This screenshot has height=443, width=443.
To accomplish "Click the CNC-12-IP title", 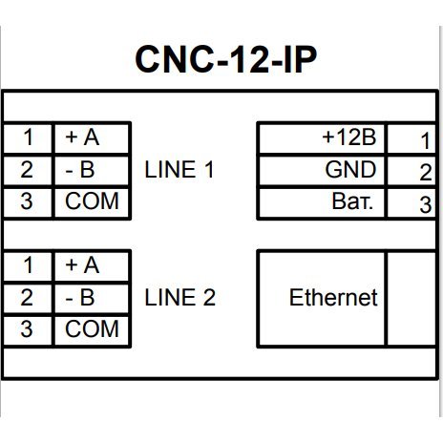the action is [x=226, y=59].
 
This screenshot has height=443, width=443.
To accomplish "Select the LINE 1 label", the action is [x=179, y=169].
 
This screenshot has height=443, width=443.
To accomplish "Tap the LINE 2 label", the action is [x=180, y=298].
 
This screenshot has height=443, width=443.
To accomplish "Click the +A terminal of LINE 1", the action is [x=82, y=137].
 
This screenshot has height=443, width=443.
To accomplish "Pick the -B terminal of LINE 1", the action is [x=80, y=169].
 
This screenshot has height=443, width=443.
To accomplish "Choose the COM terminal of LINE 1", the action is [x=92, y=201].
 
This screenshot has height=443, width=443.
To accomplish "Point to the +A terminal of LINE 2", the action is [x=82, y=265].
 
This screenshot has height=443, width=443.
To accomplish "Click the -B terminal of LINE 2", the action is [x=80, y=298].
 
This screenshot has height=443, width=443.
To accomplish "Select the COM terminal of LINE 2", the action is [x=92, y=329].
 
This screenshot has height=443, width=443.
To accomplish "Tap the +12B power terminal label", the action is [x=349, y=137].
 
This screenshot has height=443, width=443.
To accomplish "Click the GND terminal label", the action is [x=350, y=169].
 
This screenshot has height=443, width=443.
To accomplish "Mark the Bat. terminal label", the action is [x=352, y=201].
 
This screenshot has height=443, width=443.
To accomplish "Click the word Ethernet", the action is [x=333, y=298].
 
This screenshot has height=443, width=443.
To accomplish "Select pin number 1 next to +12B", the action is [x=426, y=141].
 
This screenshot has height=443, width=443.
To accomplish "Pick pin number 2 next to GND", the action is [x=426, y=173].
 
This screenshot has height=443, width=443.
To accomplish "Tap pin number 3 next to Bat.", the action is [x=426, y=204].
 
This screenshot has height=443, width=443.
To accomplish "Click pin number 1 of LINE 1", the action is [x=28, y=137].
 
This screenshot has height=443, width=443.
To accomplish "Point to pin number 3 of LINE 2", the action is [x=27, y=329].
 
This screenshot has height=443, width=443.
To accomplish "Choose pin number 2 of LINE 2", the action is [x=27, y=298].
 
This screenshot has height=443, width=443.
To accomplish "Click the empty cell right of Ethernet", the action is [x=411, y=299].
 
